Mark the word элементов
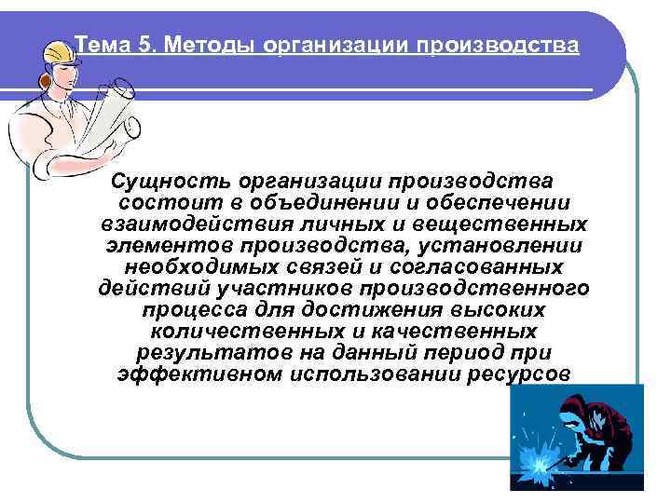tap(170, 246)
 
